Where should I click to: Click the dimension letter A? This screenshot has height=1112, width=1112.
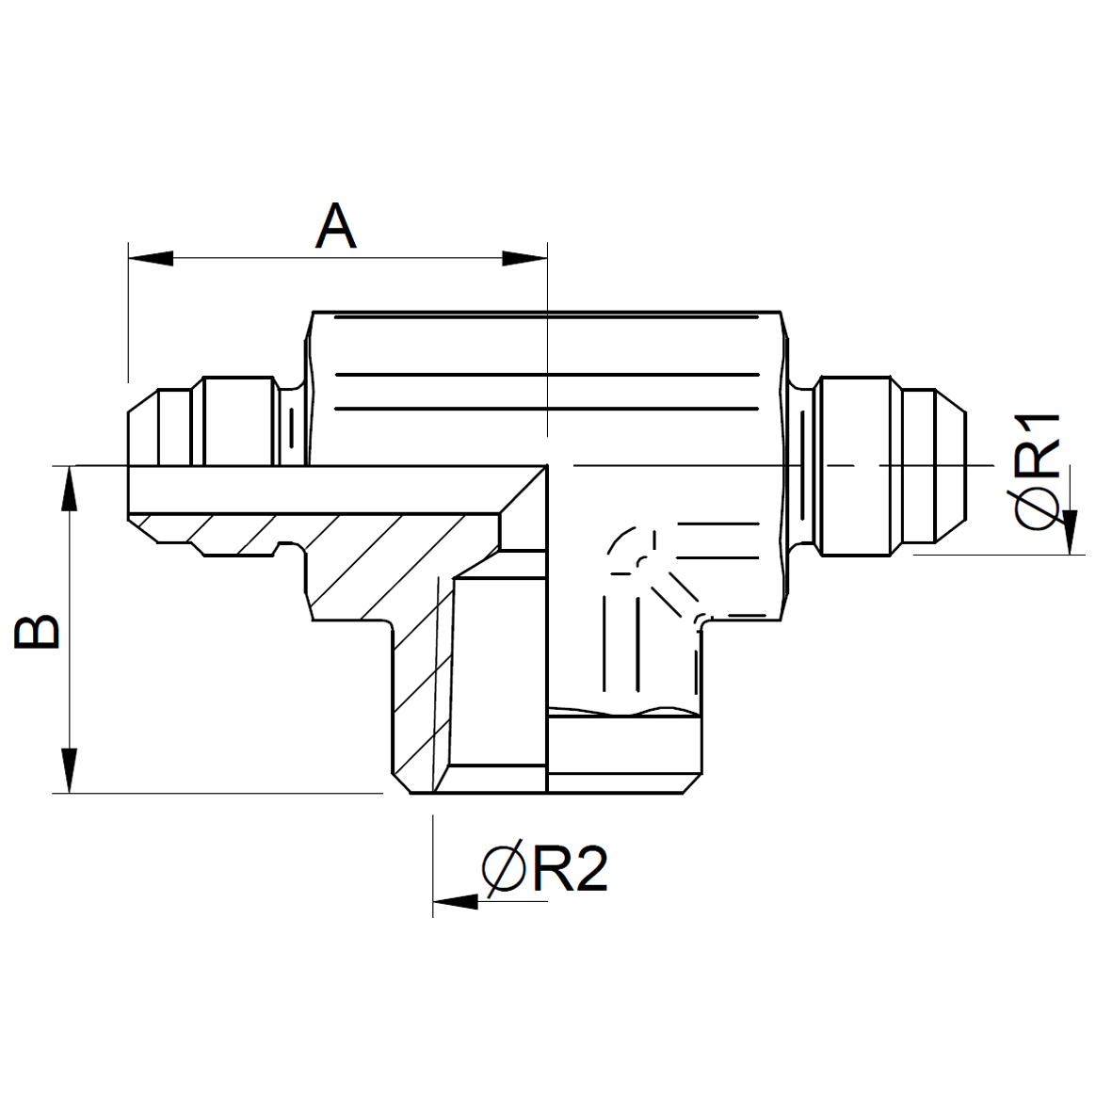click(x=335, y=226)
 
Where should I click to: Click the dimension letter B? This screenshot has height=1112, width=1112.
click(x=37, y=631)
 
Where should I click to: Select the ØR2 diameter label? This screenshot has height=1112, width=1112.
click(x=544, y=868)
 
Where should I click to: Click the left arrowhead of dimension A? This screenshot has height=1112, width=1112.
click(x=151, y=258)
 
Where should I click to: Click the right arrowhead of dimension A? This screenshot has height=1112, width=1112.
click(x=524, y=258)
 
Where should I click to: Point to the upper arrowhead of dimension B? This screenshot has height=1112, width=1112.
click(x=69, y=488)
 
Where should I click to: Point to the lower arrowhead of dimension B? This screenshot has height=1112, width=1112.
click(x=69, y=771)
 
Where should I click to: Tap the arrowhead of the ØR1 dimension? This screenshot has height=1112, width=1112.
click(x=1071, y=532)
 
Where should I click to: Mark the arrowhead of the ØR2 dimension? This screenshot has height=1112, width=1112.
click(x=456, y=901)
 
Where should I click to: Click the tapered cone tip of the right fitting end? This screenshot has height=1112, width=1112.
click(x=950, y=465)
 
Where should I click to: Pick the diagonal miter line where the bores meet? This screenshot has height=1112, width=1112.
click(x=524, y=490)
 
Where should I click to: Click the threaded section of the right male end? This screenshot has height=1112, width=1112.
click(x=854, y=465)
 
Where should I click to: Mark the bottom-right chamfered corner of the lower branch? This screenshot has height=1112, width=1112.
click(x=691, y=783)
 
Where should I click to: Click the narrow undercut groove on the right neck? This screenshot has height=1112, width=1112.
click(x=802, y=465)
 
